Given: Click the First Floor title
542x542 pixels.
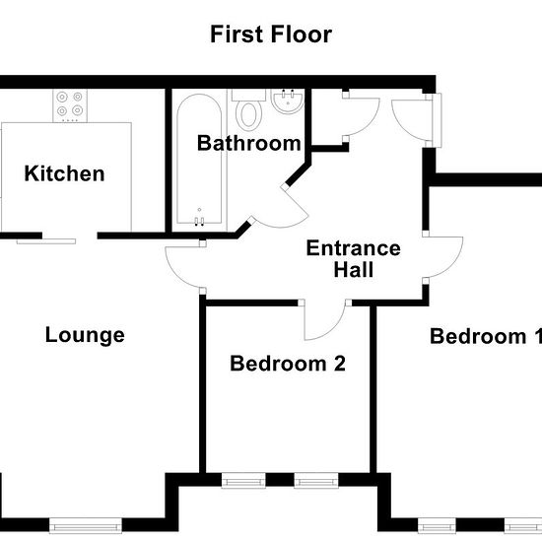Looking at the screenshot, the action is coord(271,34).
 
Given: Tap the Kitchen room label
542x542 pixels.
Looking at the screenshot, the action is coord(64,173).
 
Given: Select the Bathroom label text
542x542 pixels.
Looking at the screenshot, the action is coord(249,143).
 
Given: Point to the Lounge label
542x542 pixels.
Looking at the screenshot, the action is coord(85,335).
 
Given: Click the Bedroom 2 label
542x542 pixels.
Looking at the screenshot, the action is coord(288,364).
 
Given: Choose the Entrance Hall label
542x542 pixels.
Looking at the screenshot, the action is coord(354,258).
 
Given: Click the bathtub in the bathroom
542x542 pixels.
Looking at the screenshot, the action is coord(199,159).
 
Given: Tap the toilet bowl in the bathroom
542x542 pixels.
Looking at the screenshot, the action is coord(248,114).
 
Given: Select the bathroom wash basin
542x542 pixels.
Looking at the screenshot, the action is coord(288,102).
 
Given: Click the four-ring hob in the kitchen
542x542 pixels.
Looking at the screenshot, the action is coord(70,105).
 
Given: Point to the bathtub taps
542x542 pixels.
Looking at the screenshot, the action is coord(199,221).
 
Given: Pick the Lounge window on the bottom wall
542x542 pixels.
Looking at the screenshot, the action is coord(86,526).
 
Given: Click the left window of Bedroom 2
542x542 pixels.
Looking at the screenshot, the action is coord(243,481).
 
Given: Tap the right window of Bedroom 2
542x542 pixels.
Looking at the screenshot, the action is coord(316,481).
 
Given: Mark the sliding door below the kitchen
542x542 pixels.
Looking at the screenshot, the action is coord(46,240).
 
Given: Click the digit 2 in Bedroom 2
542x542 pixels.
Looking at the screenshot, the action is coord(339,364).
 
